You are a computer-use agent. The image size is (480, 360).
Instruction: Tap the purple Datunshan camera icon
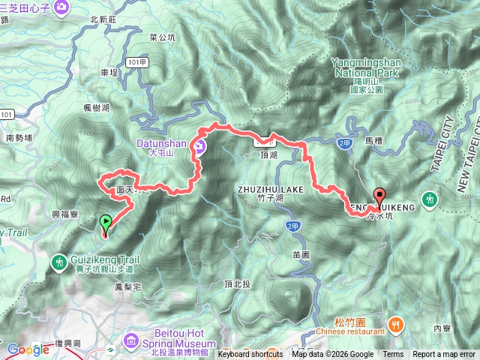tap(200, 147)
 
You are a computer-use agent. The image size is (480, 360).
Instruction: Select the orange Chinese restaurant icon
tap(394, 324)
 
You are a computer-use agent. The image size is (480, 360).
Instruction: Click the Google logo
tap(28, 349)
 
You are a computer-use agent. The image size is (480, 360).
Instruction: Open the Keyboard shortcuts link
tap(250, 355)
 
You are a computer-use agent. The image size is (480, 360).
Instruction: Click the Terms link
tap(393, 355)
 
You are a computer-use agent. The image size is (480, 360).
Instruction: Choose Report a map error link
tap(444, 355)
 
